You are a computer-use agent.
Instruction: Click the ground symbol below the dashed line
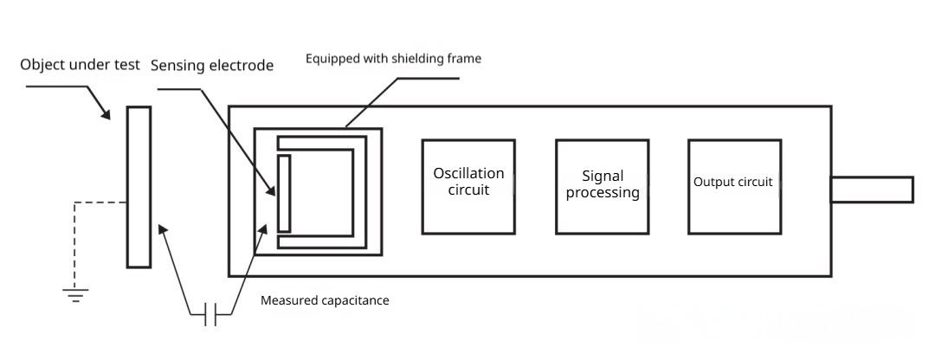[x=75, y=294]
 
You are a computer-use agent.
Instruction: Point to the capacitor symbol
[x=211, y=314]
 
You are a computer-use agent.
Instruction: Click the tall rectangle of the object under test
[x=139, y=186]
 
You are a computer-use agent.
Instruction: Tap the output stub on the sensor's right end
[x=871, y=190]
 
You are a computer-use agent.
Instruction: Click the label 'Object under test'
[x=79, y=66]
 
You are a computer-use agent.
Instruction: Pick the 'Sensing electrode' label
[x=212, y=66]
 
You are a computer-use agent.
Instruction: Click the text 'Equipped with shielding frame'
[x=393, y=59]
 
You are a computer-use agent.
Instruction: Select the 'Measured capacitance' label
[x=325, y=301]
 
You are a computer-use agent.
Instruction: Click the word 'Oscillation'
[x=468, y=174]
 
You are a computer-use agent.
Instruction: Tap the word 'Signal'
[x=603, y=176]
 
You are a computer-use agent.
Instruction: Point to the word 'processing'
[x=603, y=193]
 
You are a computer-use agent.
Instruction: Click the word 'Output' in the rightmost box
[x=713, y=183]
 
